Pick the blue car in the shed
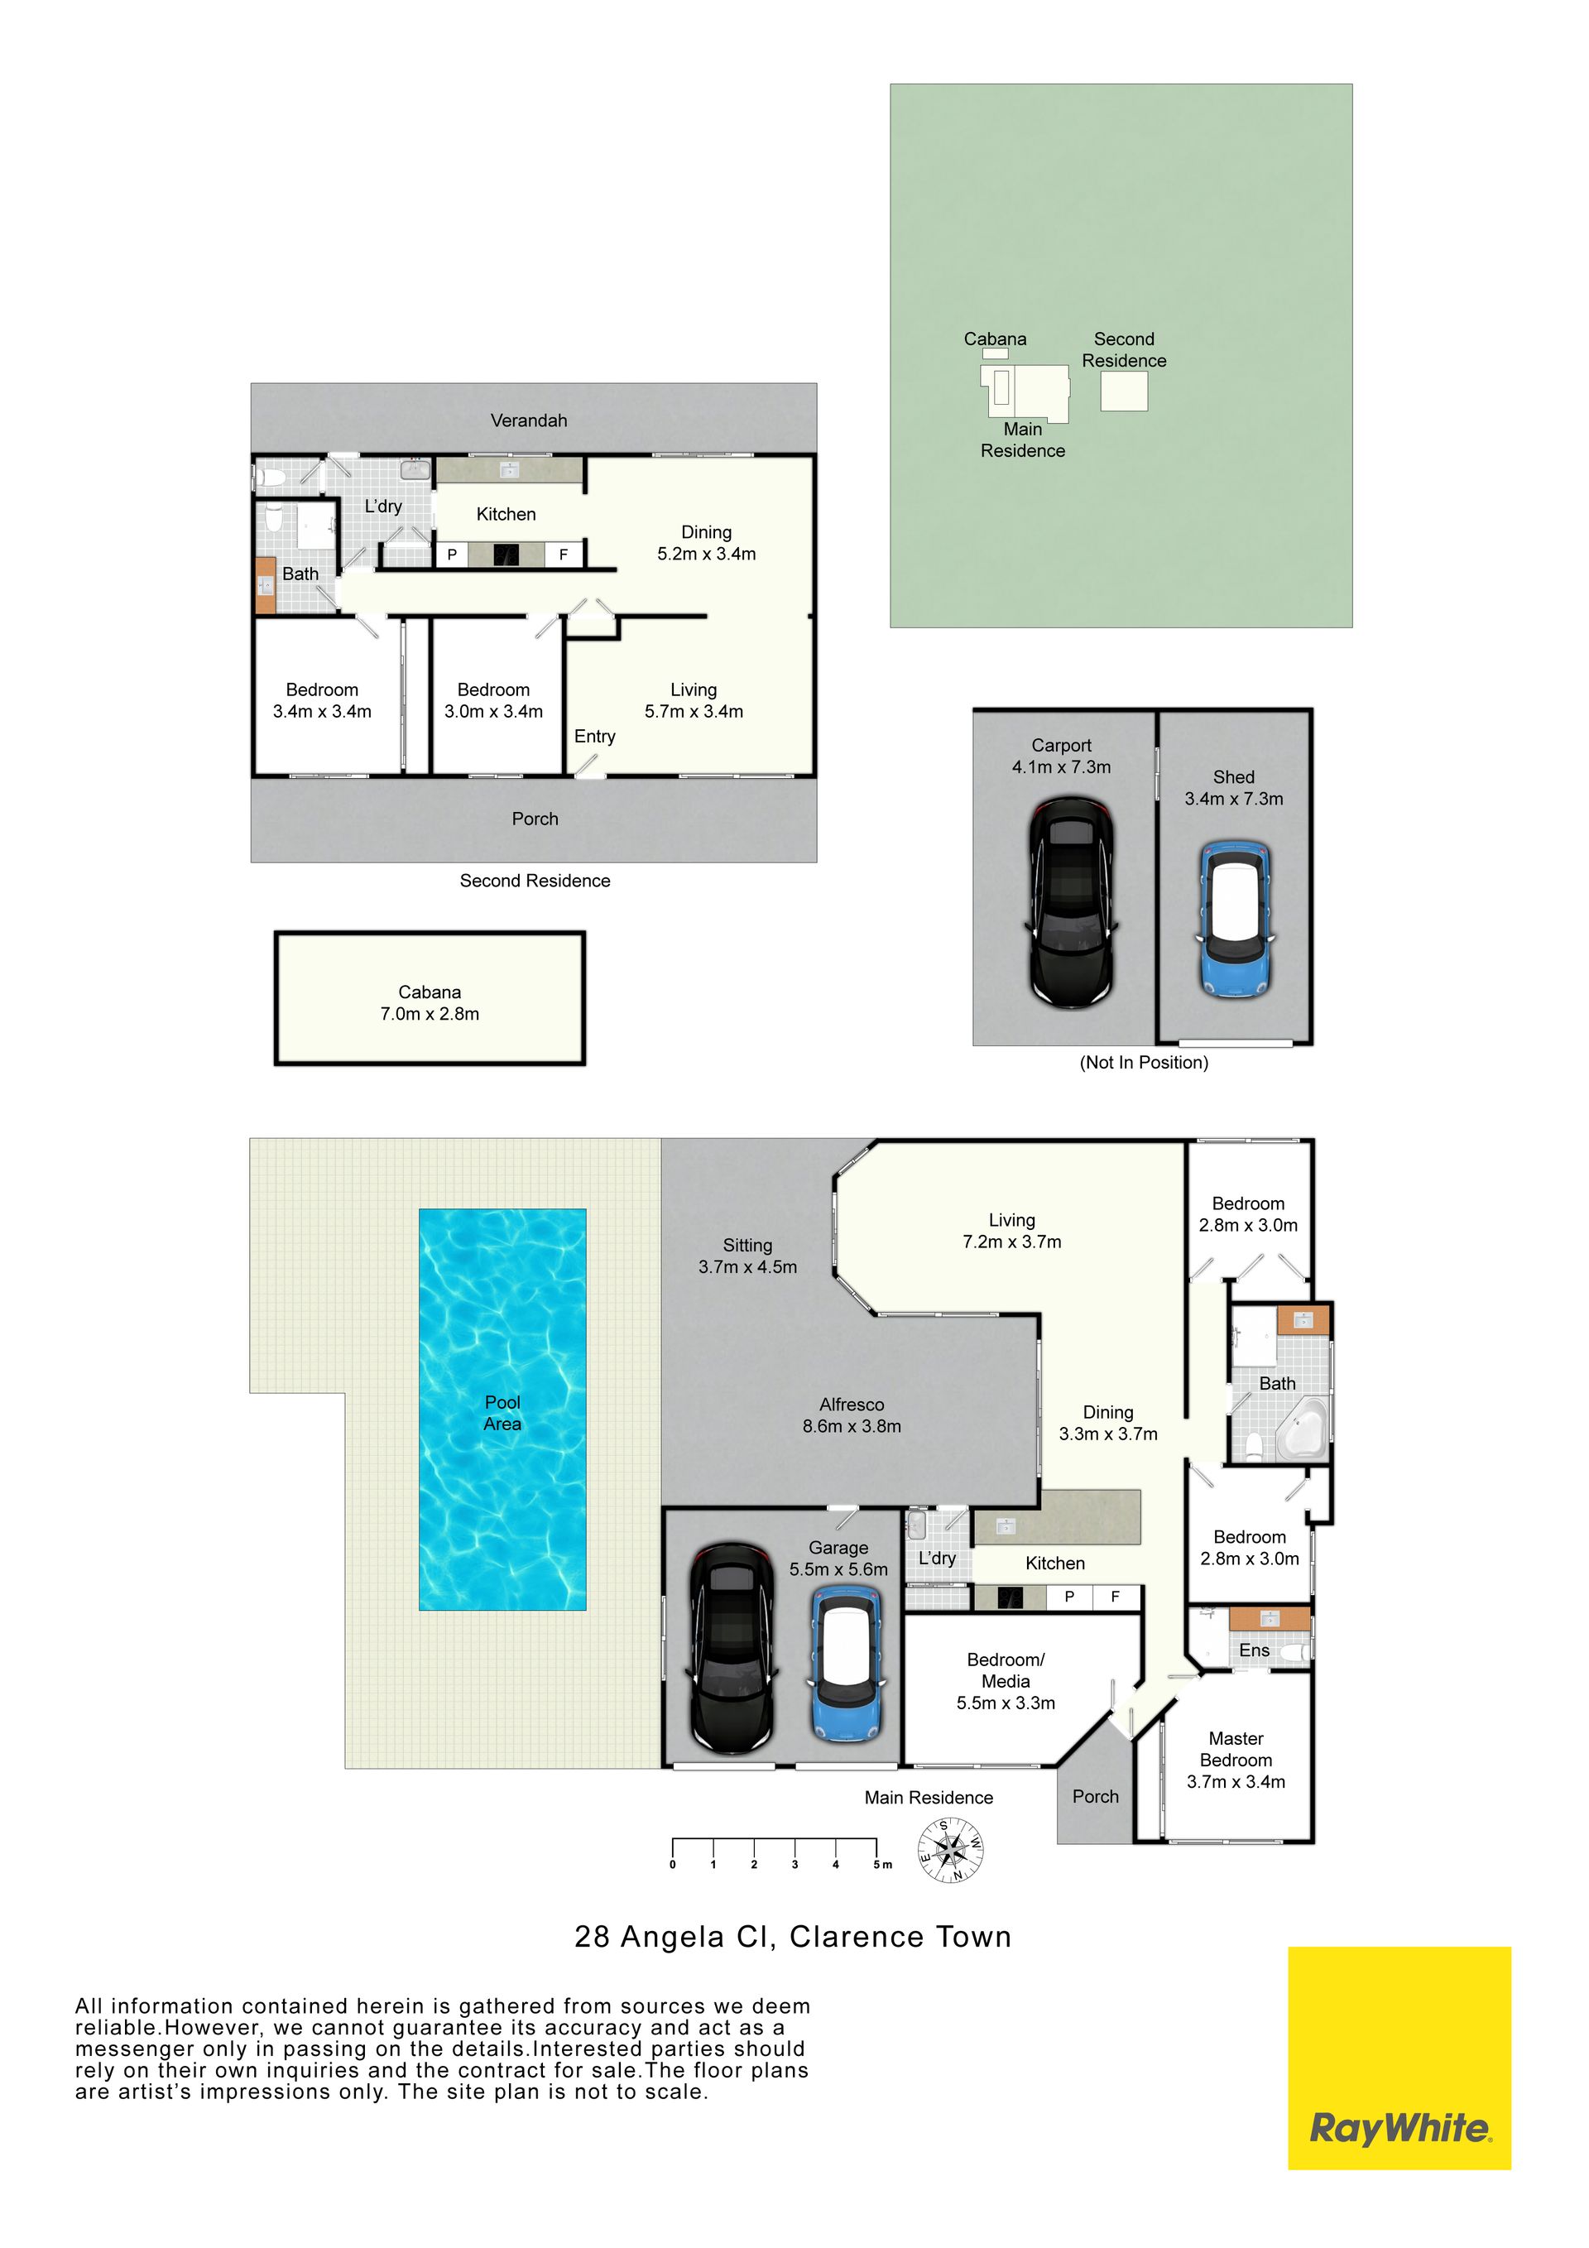click(x=1235, y=919)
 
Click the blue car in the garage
click(x=847, y=1664)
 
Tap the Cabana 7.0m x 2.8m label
click(x=430, y=1002)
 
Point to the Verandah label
click(x=529, y=420)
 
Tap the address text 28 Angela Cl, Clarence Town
click(x=793, y=1937)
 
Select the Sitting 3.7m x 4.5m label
click(x=747, y=1256)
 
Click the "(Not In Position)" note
click(x=1144, y=1062)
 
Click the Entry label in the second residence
click(x=594, y=737)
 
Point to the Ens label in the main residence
click(x=1254, y=1650)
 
